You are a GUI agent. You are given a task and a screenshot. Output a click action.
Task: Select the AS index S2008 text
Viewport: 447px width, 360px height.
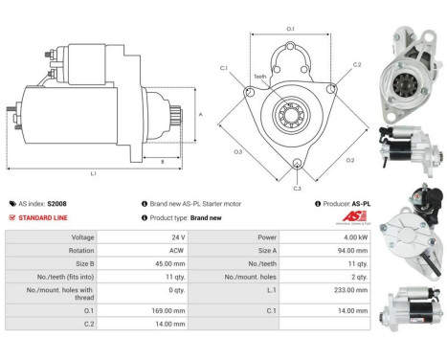(x=48, y=204)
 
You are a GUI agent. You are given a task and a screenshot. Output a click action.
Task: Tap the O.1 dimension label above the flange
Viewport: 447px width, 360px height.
(x=291, y=29)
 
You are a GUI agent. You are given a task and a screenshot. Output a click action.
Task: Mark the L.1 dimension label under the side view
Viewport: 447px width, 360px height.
(x=93, y=173)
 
